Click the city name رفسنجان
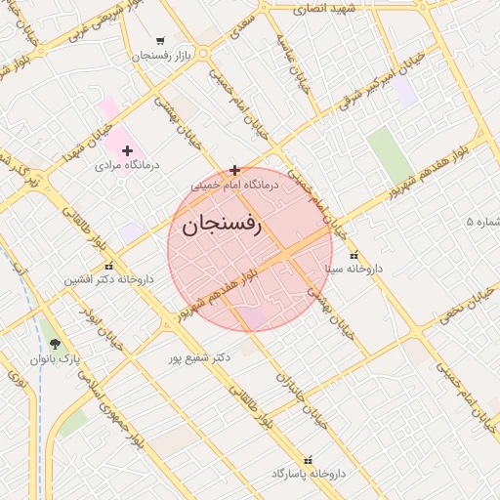click(222, 225)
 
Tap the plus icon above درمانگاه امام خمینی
click(234, 169)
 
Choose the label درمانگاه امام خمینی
click(235, 184)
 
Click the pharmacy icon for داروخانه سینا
click(354, 255)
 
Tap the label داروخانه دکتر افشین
click(109, 279)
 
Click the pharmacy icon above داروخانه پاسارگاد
click(309, 459)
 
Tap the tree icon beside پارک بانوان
click(54, 345)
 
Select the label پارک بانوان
click(56, 359)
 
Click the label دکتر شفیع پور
click(198, 357)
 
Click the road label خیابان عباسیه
click(294, 59)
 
